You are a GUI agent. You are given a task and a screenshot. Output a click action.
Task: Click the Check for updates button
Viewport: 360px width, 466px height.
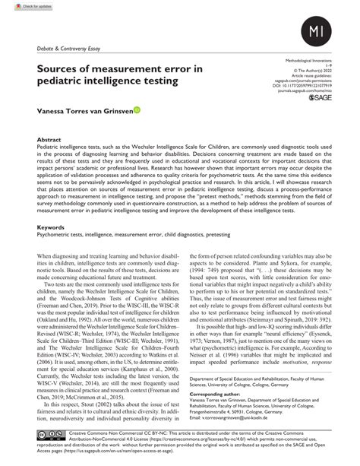[x=24, y=5]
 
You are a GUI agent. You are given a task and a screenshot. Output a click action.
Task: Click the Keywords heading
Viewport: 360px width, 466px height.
[x=52, y=227]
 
